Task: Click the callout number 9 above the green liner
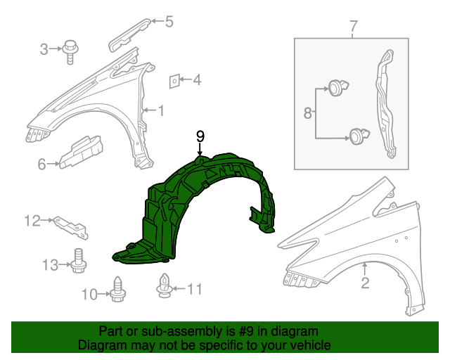coord(200,136)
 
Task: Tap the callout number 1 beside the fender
coord(161,110)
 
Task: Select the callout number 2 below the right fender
coord(365,284)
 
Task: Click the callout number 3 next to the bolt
coord(44,49)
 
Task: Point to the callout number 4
coord(197,80)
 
